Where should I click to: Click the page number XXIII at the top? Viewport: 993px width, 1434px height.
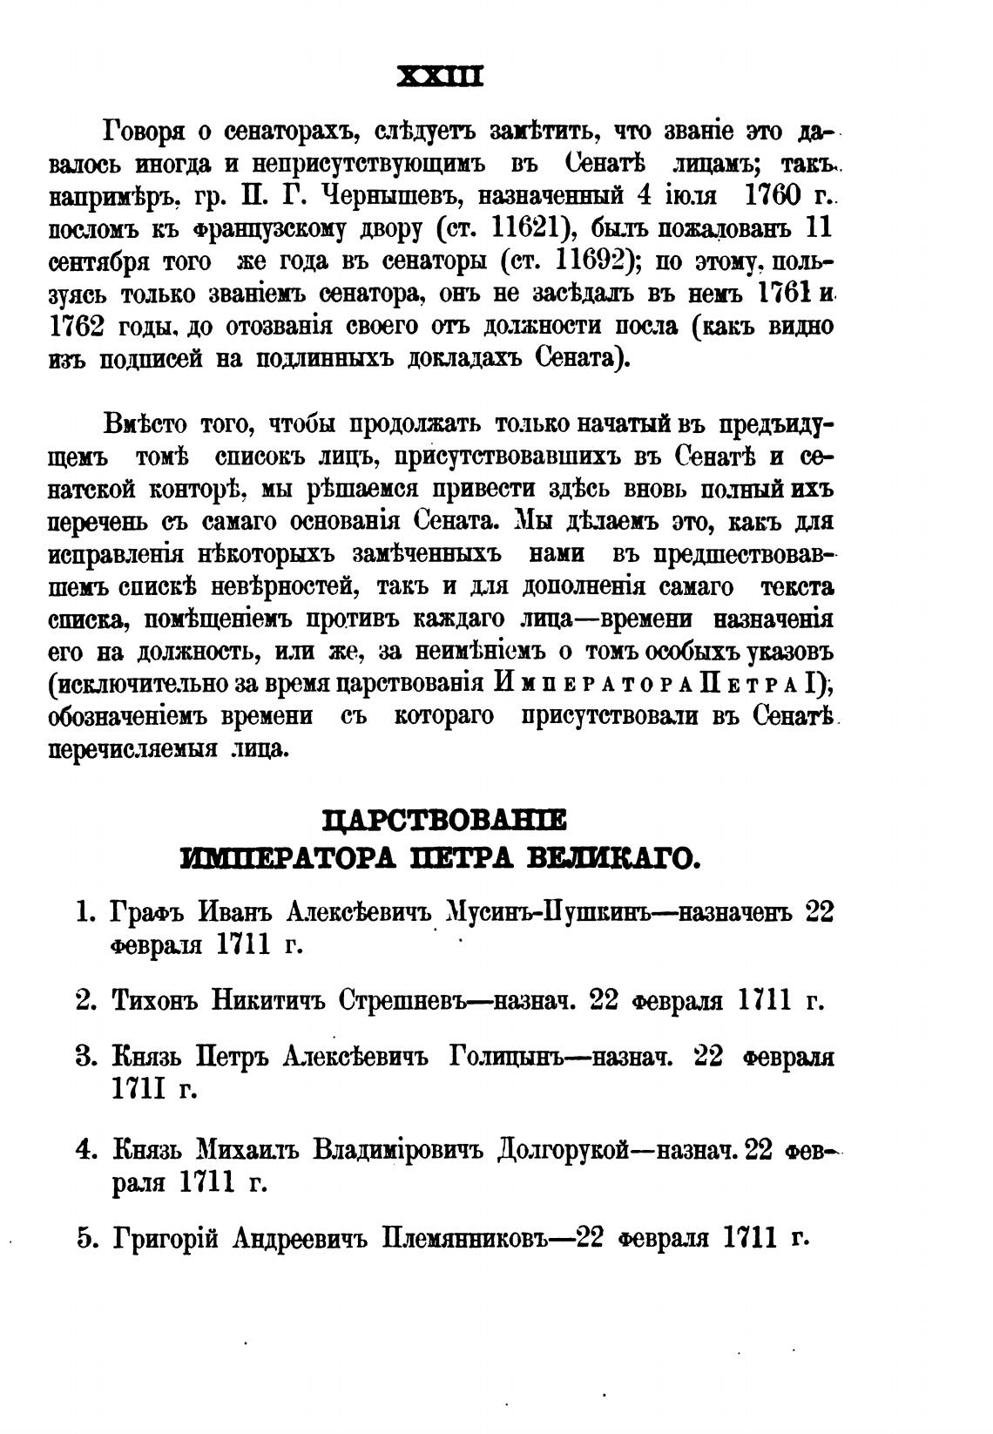[x=439, y=77]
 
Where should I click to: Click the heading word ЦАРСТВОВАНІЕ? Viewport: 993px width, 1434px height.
[x=444, y=820]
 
